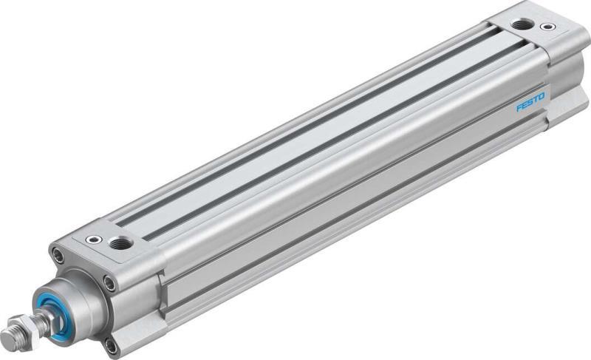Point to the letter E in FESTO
click(525, 106)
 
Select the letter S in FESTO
click(530, 103)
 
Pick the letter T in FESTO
click(536, 100)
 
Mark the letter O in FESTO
click(542, 97)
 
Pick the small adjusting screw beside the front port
click(94, 239)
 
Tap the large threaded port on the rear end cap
click(522, 24)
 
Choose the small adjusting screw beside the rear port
click(547, 27)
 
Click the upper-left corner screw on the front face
click(58, 255)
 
